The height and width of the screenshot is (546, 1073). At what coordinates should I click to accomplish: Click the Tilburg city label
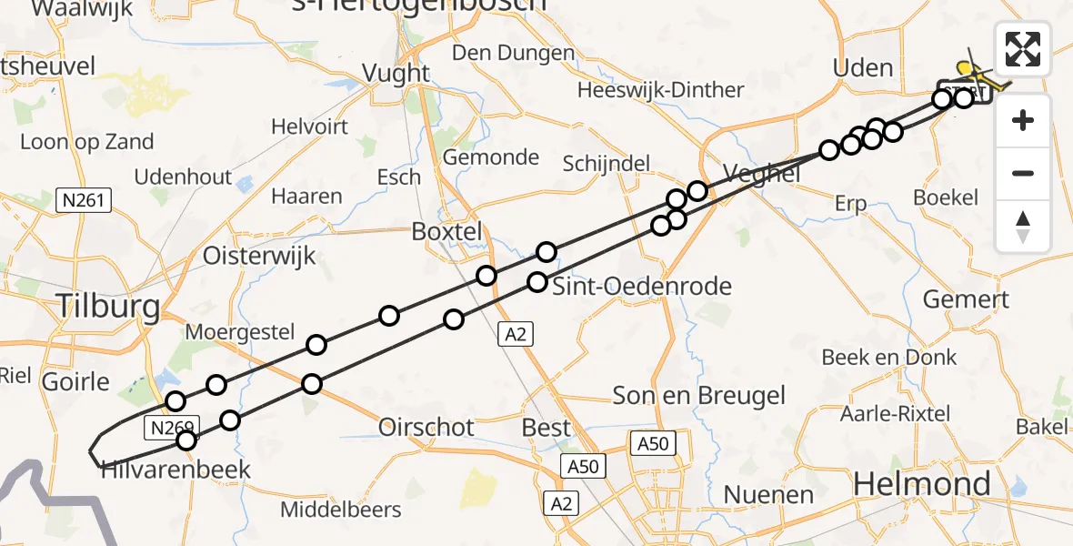(x=108, y=307)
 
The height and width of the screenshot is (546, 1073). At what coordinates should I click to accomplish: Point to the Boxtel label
(x=446, y=231)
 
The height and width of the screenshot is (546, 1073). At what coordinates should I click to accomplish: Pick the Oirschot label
(x=426, y=427)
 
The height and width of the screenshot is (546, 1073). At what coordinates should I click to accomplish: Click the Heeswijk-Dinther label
(x=661, y=90)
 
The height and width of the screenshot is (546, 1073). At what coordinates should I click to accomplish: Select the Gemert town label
(x=966, y=298)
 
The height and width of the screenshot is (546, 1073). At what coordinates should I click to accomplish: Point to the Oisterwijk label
(x=259, y=255)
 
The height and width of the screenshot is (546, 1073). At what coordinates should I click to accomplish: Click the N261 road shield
(x=83, y=200)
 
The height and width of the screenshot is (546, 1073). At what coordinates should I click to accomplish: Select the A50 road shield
(x=655, y=444)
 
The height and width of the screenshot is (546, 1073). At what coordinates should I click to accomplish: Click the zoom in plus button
(x=1023, y=120)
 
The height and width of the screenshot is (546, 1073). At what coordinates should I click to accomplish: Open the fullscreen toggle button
(x=1023, y=49)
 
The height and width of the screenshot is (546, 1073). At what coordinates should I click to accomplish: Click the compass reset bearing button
(x=1023, y=226)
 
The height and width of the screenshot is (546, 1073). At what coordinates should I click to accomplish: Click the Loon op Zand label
(x=86, y=142)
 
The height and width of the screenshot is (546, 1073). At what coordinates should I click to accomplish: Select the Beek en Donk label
(x=889, y=358)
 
